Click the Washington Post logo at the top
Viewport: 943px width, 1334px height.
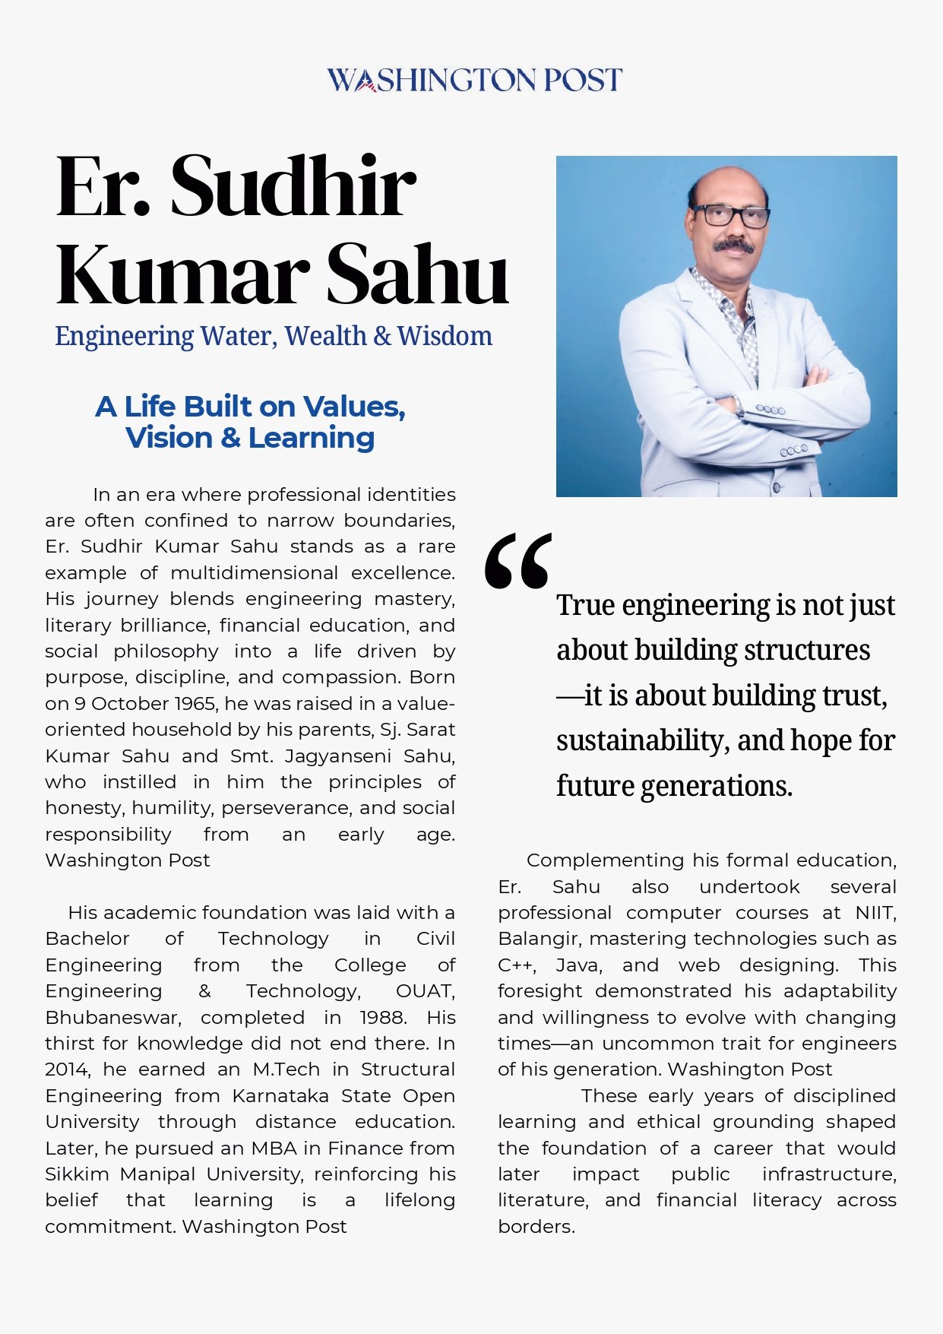[x=474, y=80]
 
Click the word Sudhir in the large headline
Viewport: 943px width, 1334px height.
[x=293, y=186]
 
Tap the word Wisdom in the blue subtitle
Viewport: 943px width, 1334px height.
[x=445, y=335]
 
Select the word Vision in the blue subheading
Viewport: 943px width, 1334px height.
[x=169, y=438]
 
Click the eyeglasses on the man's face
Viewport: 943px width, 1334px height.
[x=729, y=215]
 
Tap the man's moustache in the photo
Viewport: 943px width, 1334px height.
[x=733, y=246]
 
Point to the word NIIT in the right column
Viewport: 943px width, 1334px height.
[x=875, y=912]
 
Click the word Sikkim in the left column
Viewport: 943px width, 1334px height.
[x=77, y=1174]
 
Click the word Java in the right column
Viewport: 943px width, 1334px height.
[x=578, y=965]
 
